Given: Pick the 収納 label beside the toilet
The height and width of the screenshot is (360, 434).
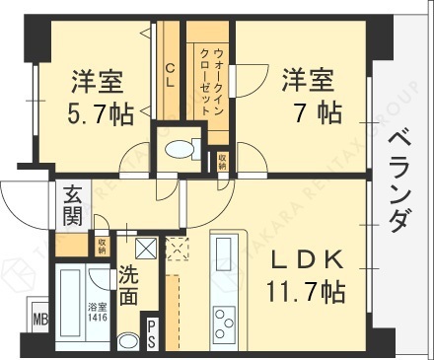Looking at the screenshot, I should [224, 159].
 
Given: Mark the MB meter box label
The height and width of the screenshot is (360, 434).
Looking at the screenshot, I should [39, 320].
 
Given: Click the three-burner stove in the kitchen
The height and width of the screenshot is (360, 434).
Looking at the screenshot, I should [225, 323].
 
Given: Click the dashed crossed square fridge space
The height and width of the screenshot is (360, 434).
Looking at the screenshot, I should [179, 250].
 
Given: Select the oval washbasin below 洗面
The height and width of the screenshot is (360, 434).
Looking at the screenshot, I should [128, 341].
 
